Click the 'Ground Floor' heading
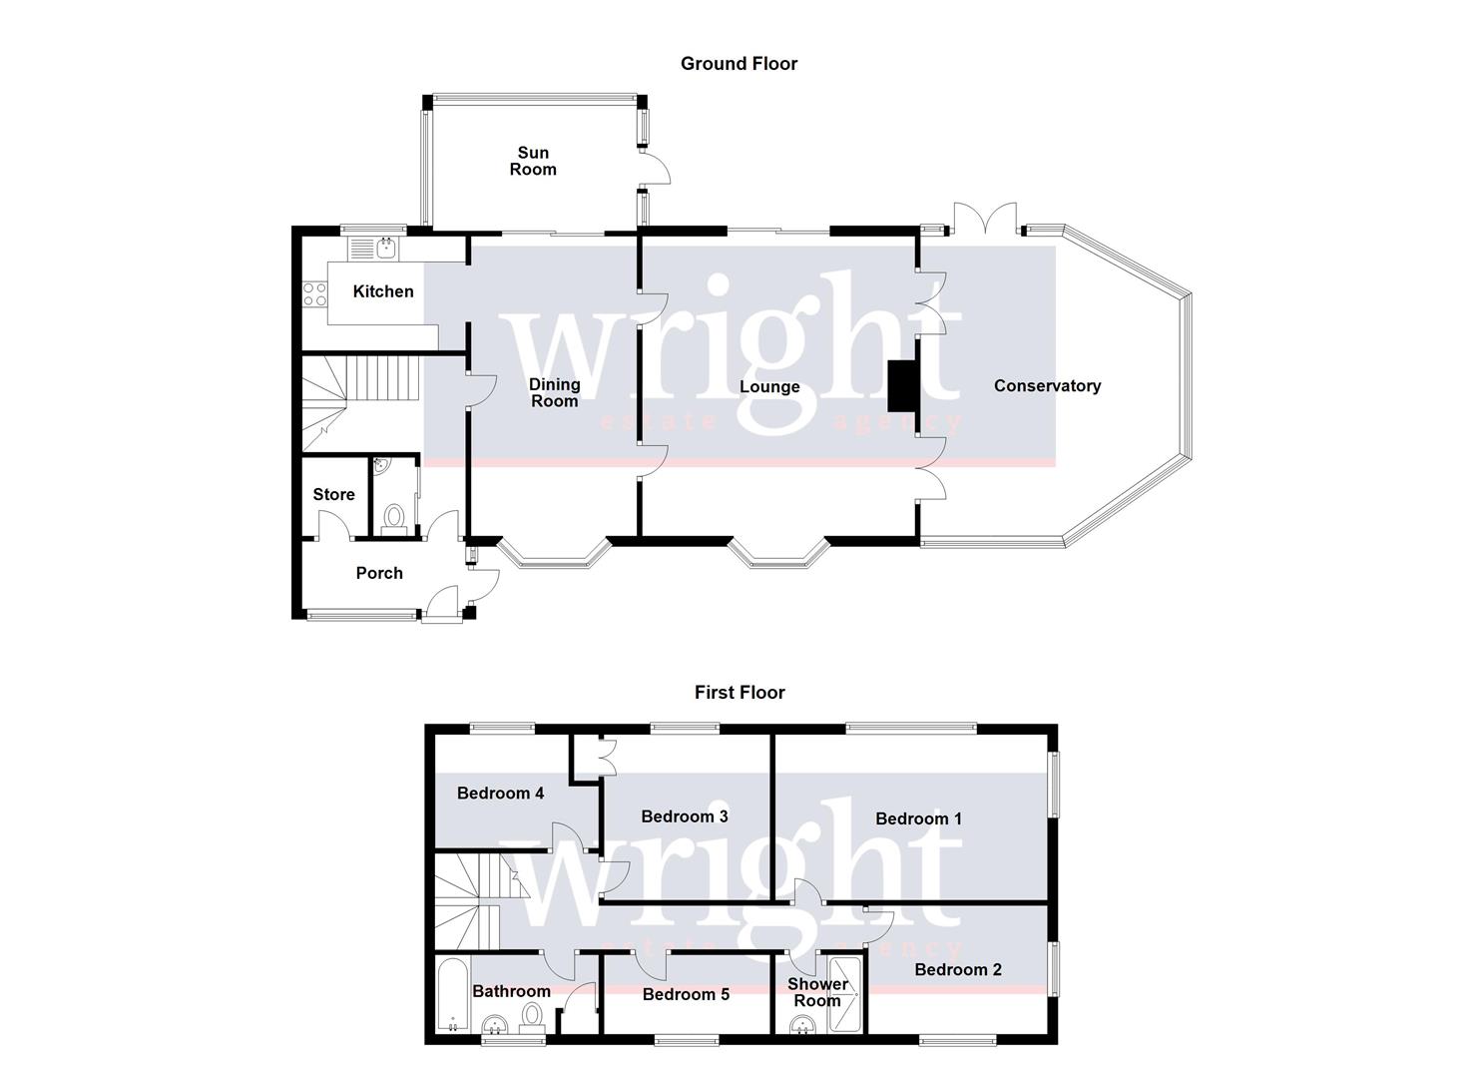739,64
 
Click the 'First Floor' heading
740,693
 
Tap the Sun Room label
533,161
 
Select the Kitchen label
383,291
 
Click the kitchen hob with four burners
315,294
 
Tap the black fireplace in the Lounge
901,385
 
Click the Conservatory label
1047,386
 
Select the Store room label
333,495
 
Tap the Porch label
379,573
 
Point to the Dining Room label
554,392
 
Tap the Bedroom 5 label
686,994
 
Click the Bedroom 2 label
958,970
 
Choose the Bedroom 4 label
500,794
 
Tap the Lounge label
769,387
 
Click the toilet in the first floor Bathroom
533,1016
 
